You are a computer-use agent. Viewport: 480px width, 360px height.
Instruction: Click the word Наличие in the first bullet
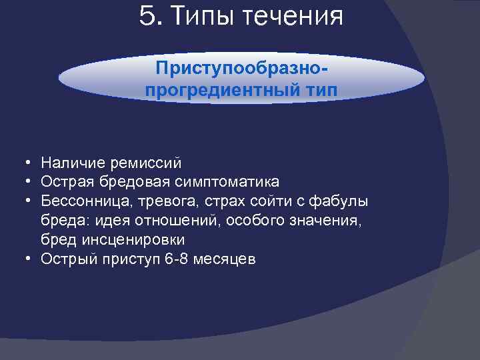[x=69, y=162]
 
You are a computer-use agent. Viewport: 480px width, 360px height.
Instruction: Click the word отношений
[x=171, y=220]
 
